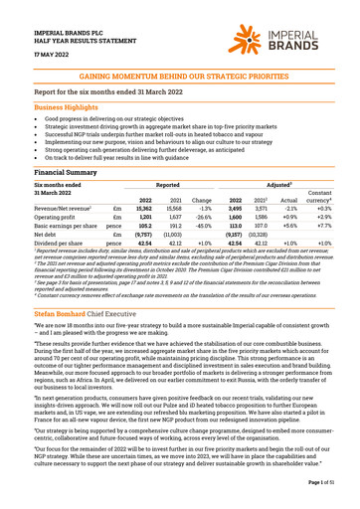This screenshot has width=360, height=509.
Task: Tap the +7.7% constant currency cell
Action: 332,230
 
